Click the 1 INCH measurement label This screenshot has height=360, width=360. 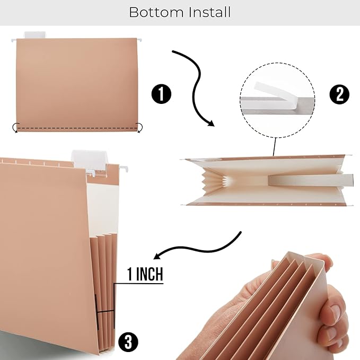(145, 275)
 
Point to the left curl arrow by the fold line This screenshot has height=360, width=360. (16, 127)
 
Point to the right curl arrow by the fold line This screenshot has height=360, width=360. (140, 127)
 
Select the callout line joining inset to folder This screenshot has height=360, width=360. (275, 146)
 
